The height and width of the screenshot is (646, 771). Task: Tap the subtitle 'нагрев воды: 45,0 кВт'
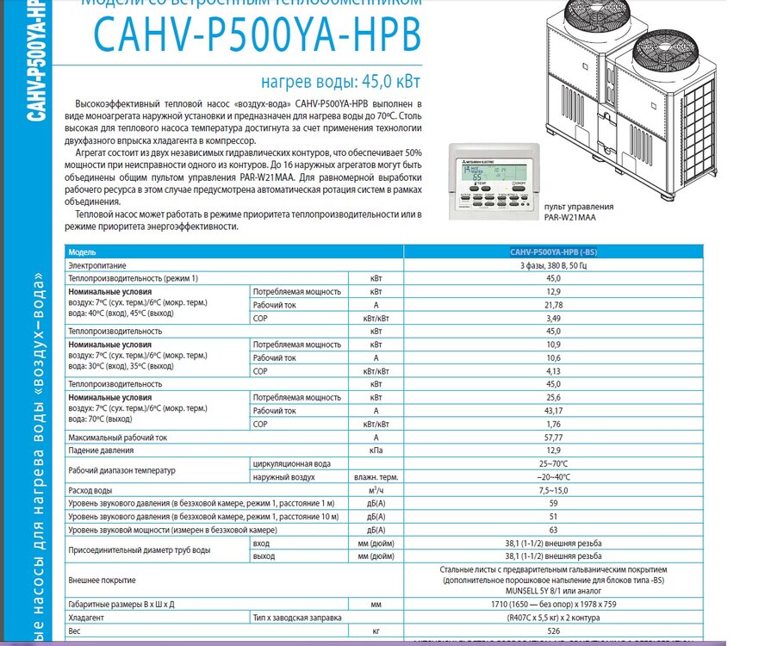click(x=340, y=83)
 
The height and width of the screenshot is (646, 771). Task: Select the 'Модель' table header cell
click(x=85, y=252)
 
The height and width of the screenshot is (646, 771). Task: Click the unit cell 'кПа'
click(x=376, y=450)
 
